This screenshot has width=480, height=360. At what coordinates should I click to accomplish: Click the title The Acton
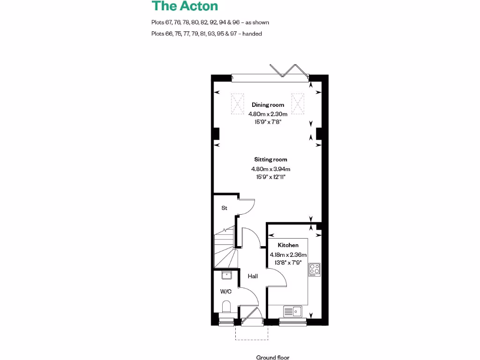(184, 7)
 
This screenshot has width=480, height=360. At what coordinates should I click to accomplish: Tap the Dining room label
(268, 105)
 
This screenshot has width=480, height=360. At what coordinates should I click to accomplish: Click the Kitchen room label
(288, 245)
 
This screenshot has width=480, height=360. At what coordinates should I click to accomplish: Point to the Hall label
(253, 276)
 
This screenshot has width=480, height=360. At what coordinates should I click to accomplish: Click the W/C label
(226, 291)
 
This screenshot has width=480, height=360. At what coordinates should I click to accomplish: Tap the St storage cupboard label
(224, 208)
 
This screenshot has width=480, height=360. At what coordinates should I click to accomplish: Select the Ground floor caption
(273, 357)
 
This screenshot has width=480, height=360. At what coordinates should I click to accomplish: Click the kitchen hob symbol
(315, 269)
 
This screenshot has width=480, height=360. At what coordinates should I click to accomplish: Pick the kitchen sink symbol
(293, 311)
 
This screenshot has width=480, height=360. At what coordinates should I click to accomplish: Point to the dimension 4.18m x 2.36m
(288, 255)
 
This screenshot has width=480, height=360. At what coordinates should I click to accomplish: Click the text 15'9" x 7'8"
(267, 121)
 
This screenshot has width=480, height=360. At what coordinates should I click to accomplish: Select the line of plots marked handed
(206, 34)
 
